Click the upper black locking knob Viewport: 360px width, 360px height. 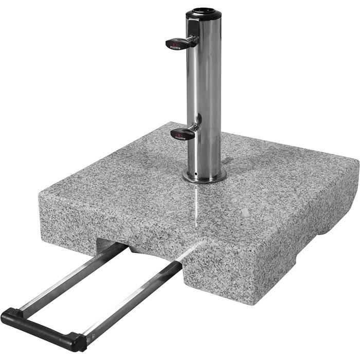[x=177, y=43]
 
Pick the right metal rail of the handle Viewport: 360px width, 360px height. [x=134, y=298]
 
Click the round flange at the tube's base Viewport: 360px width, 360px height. [x=204, y=177]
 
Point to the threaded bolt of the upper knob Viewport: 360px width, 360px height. [x=193, y=39]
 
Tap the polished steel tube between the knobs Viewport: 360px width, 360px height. [x=205, y=87]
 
